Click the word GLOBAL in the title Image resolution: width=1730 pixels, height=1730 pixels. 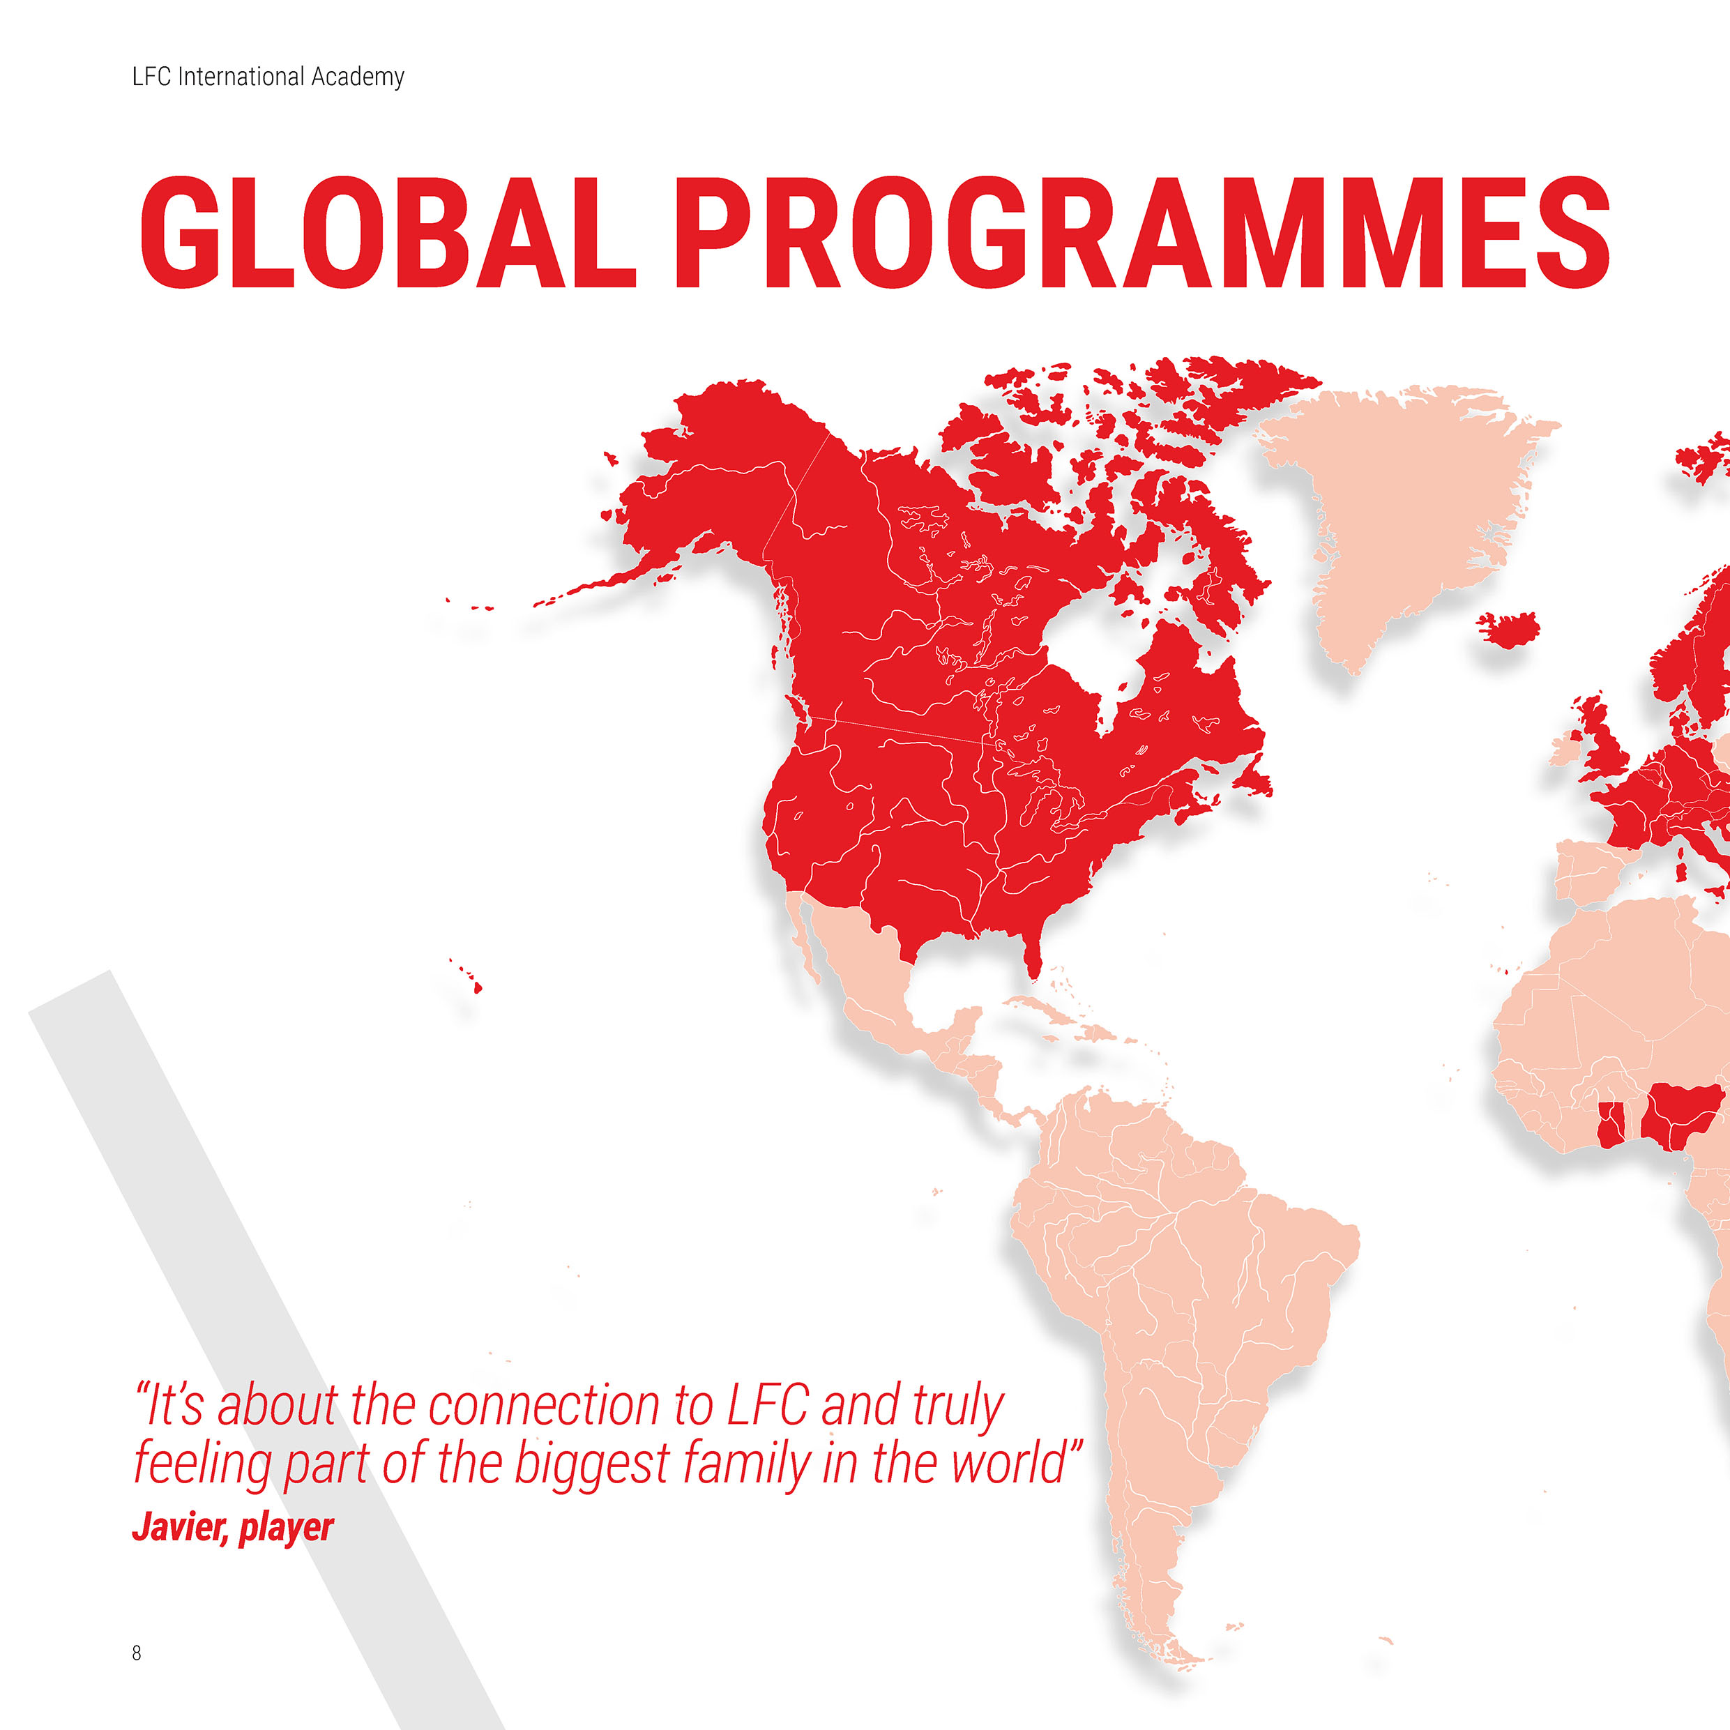pos(388,233)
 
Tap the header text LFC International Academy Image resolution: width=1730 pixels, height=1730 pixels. pos(268,77)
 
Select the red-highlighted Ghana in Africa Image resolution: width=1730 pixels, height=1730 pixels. pos(1610,1125)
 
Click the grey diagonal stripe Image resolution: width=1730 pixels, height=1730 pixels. pos(268,1343)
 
